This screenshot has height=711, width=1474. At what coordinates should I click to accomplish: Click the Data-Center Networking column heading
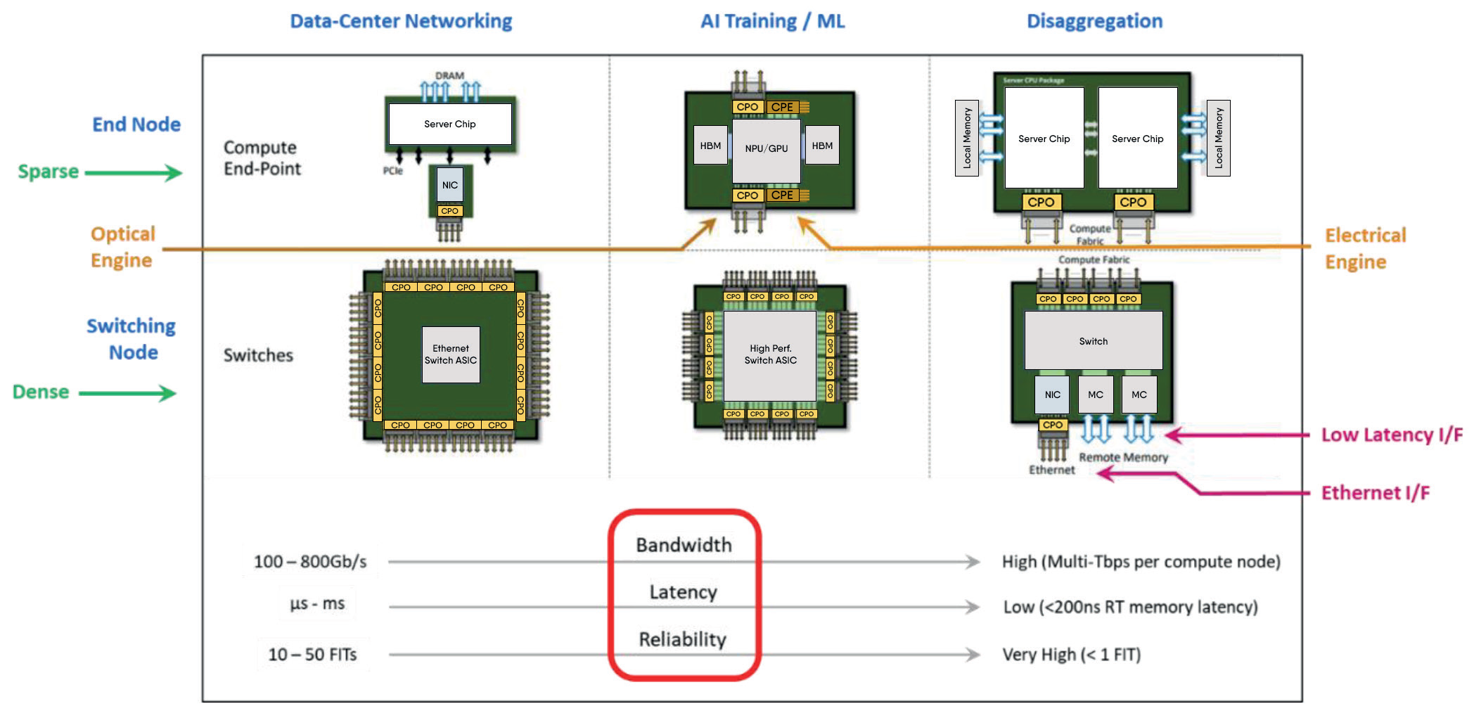(x=401, y=21)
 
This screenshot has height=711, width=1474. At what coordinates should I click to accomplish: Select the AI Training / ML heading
(x=772, y=21)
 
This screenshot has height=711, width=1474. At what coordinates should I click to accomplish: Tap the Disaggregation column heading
(x=1094, y=21)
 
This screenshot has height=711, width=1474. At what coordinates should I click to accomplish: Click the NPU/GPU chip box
(x=766, y=149)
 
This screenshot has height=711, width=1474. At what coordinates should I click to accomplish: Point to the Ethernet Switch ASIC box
(x=451, y=354)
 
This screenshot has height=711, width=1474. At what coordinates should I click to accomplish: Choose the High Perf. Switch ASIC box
(x=770, y=354)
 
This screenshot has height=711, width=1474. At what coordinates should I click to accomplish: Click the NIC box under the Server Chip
(x=450, y=185)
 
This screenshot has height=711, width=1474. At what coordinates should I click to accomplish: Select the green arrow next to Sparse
(x=134, y=172)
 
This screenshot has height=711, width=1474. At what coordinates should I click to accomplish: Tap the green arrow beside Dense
(x=127, y=393)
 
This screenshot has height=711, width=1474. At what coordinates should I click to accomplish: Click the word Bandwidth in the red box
(x=684, y=545)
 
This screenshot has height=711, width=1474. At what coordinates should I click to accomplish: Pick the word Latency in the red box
(x=683, y=592)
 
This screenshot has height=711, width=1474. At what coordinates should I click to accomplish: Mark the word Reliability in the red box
(x=682, y=639)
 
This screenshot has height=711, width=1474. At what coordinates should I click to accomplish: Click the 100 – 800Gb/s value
(x=310, y=562)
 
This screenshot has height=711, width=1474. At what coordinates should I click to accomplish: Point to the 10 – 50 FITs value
(x=312, y=655)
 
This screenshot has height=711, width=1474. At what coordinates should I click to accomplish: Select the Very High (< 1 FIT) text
(x=1071, y=655)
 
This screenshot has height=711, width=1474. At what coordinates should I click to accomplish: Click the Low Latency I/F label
(x=1391, y=435)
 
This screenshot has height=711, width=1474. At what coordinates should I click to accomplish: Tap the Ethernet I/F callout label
(x=1375, y=493)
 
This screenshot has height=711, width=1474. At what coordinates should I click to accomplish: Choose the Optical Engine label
(x=122, y=247)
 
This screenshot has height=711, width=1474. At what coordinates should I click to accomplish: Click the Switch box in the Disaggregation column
(x=1093, y=341)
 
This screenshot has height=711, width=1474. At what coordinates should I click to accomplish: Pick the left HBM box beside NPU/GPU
(x=710, y=146)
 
